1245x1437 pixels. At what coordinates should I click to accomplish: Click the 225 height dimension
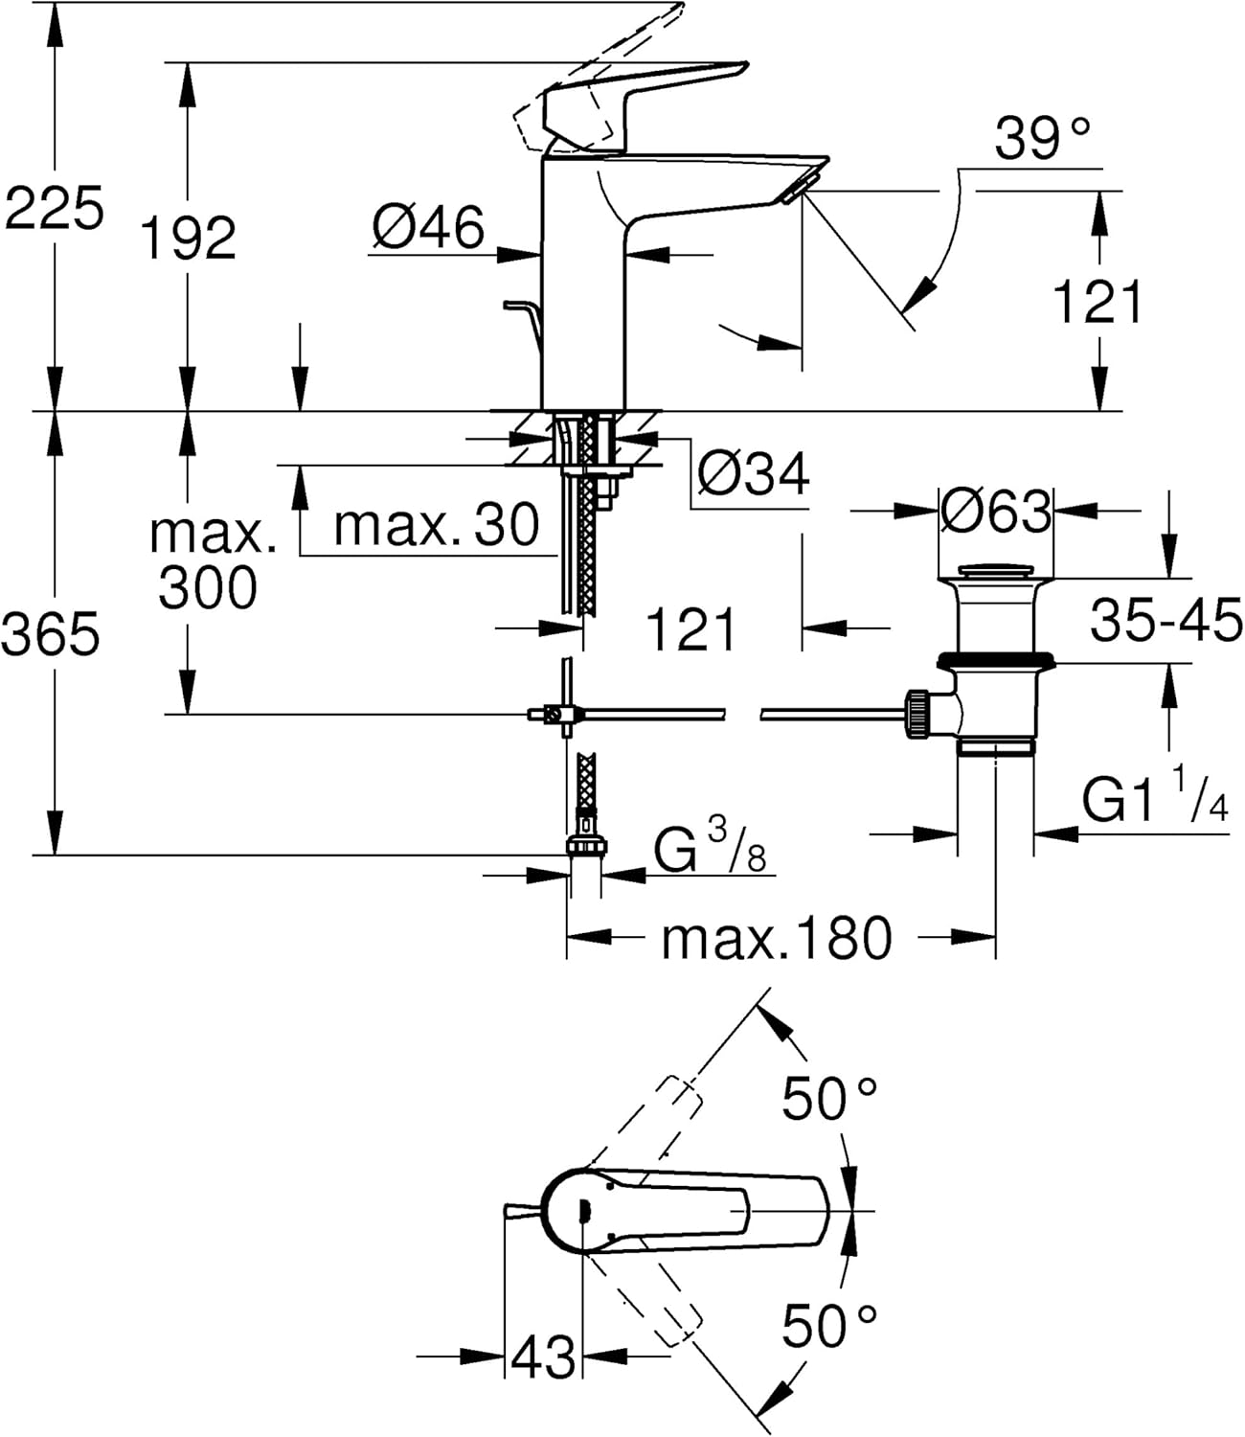coord(54,209)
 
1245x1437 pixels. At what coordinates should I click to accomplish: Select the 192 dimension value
coord(189,238)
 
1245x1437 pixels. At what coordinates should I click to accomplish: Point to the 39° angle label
coord(1043,140)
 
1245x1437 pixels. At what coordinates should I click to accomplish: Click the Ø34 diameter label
coord(754,472)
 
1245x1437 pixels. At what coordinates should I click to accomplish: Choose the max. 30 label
coord(438,524)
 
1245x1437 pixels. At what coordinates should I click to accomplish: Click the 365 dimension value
coord(50,634)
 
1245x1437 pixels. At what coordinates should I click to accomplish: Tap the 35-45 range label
coord(1166,621)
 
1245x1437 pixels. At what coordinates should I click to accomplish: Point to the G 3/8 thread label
coord(710,849)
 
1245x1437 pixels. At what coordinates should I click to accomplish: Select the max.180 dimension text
coord(776,938)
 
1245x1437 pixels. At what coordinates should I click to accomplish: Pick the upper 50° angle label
coord(829,1098)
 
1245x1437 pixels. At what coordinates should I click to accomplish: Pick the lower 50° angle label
coord(829,1326)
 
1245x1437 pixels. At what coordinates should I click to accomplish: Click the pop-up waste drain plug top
coord(995,572)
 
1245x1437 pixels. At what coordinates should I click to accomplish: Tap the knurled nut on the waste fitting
coord(917,713)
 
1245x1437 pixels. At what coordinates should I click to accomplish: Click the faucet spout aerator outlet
coord(797,187)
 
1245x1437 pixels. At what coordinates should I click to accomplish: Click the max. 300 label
coord(210,560)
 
